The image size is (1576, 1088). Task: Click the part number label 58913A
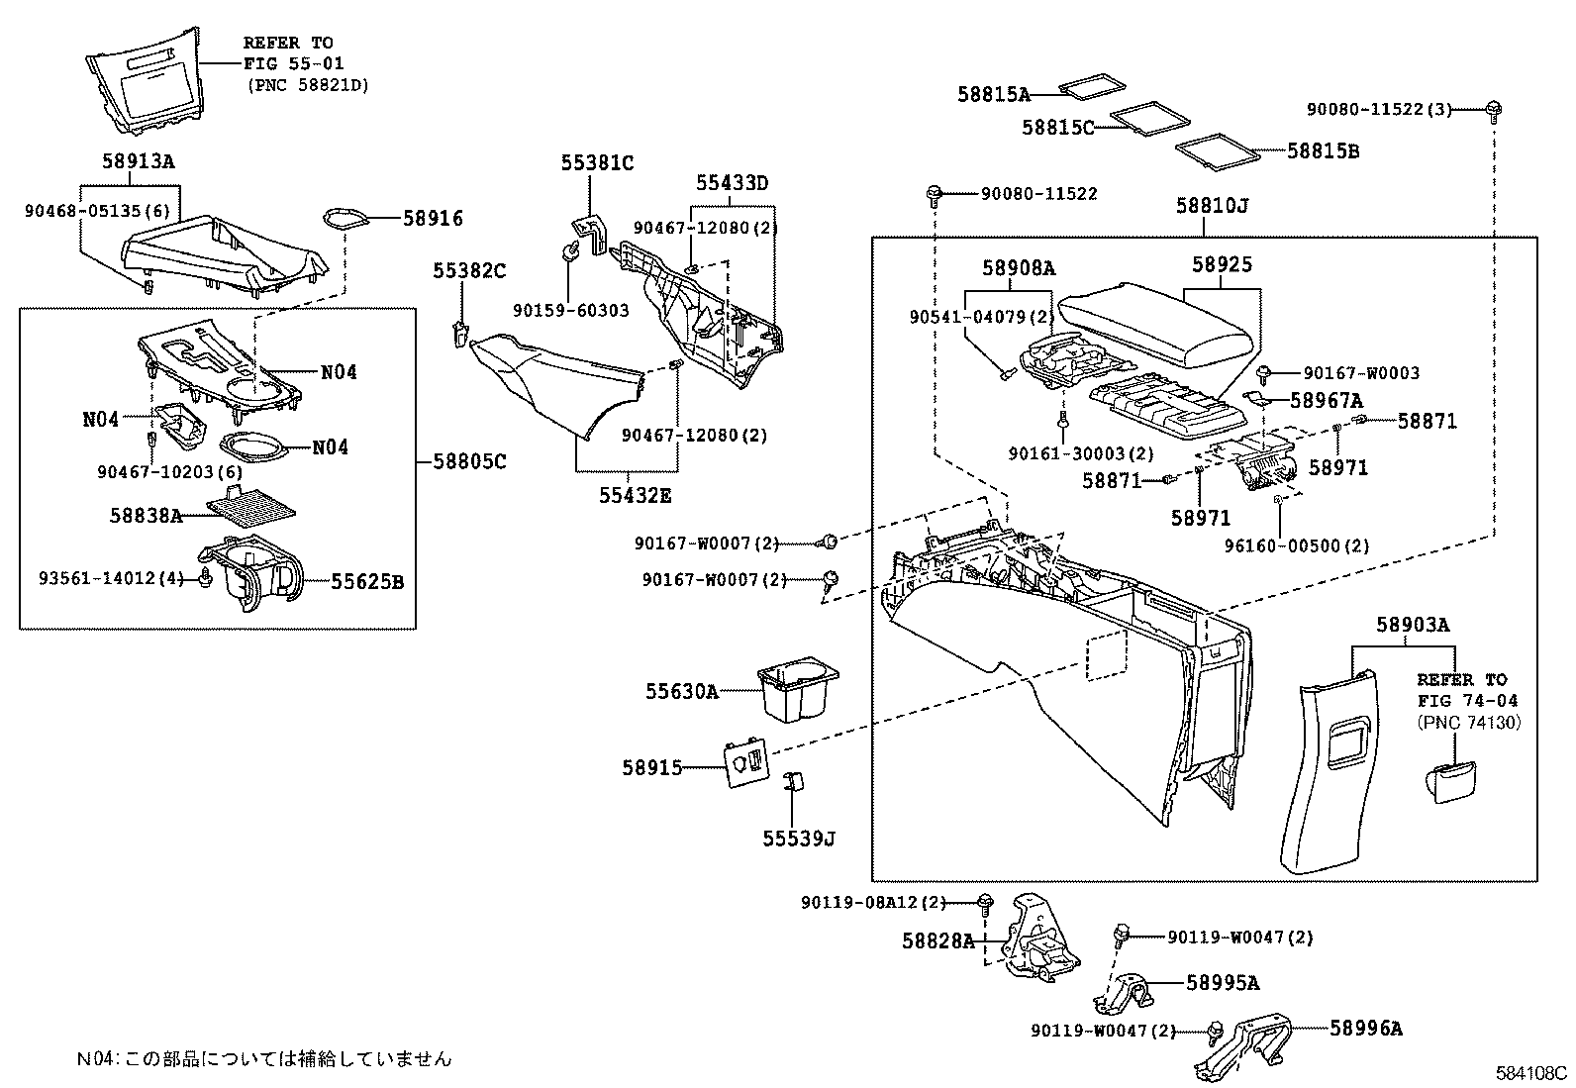pyautogui.click(x=138, y=161)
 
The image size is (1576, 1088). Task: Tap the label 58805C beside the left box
pyautogui.click(x=469, y=460)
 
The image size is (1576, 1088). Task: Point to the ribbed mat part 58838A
pyautogui.click(x=252, y=506)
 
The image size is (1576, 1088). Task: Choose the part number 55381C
pyautogui.click(x=597, y=163)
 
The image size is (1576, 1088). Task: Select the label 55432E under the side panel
pyautogui.click(x=634, y=494)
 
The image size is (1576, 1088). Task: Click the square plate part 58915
pyautogui.click(x=746, y=763)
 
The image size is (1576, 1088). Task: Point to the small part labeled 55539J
pyautogui.click(x=793, y=783)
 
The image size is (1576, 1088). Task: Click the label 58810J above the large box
pyautogui.click(x=1213, y=206)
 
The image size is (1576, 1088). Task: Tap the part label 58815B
pyautogui.click(x=1323, y=150)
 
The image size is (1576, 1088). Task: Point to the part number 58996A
pyautogui.click(x=1366, y=1029)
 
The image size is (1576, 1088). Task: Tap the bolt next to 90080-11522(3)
pyautogui.click(x=1493, y=110)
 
